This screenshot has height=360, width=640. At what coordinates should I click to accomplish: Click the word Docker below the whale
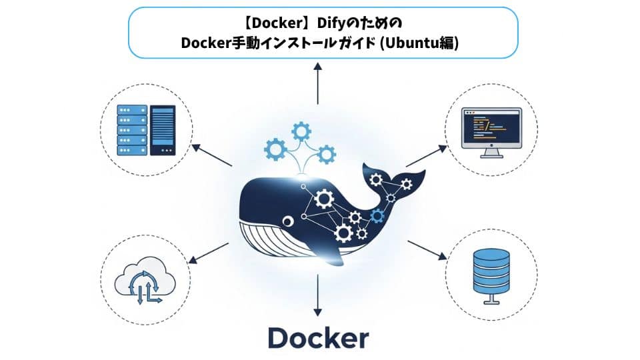click(318, 337)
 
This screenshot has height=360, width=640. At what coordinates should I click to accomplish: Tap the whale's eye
click(287, 221)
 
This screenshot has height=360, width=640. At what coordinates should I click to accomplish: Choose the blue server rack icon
click(131, 130)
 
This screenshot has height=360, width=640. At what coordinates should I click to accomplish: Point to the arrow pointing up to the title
click(318, 84)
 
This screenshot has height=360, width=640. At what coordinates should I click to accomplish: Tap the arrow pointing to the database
click(427, 249)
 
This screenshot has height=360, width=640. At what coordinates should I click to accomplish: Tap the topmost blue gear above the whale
click(301, 129)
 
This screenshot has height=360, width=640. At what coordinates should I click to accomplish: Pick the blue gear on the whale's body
click(378, 215)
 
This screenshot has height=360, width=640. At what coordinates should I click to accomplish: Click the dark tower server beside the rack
click(163, 130)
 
